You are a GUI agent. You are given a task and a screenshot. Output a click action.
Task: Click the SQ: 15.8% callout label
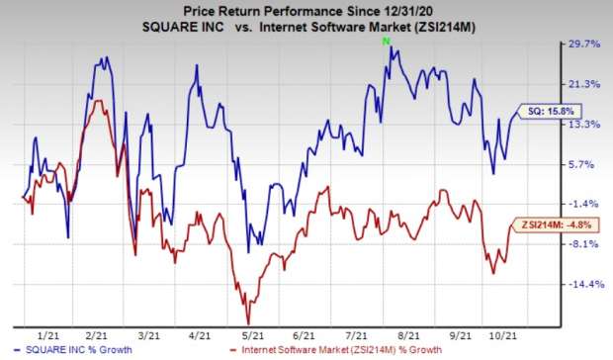click(549, 112)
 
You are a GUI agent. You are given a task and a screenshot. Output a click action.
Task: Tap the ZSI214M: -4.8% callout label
click(554, 225)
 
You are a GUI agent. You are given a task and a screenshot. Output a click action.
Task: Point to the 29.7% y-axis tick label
click(583, 45)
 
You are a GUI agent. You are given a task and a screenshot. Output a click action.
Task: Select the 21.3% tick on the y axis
click(583, 84)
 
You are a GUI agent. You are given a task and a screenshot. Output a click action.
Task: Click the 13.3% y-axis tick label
click(583, 125)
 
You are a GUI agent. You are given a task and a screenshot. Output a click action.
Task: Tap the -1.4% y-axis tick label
click(582, 204)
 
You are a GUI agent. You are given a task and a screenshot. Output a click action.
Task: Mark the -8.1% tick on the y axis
click(582, 244)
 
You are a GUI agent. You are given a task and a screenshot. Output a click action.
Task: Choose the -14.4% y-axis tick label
click(585, 285)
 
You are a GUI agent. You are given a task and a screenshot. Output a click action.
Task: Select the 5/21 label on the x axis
click(252, 335)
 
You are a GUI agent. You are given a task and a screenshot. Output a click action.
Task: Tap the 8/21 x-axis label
click(408, 335)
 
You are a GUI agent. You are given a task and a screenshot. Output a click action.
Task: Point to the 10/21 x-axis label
click(503, 335)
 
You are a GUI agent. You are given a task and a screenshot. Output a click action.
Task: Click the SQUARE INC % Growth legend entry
click(73, 350)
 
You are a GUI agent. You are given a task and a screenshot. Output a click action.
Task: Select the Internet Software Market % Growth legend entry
click(336, 350)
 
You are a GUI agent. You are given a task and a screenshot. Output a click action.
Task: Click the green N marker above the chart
click(387, 41)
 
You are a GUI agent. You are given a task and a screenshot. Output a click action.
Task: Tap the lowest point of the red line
click(248, 324)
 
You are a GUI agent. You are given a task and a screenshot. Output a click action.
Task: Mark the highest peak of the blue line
click(391, 47)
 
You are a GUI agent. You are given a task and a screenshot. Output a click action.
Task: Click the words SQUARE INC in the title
click(183, 27)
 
